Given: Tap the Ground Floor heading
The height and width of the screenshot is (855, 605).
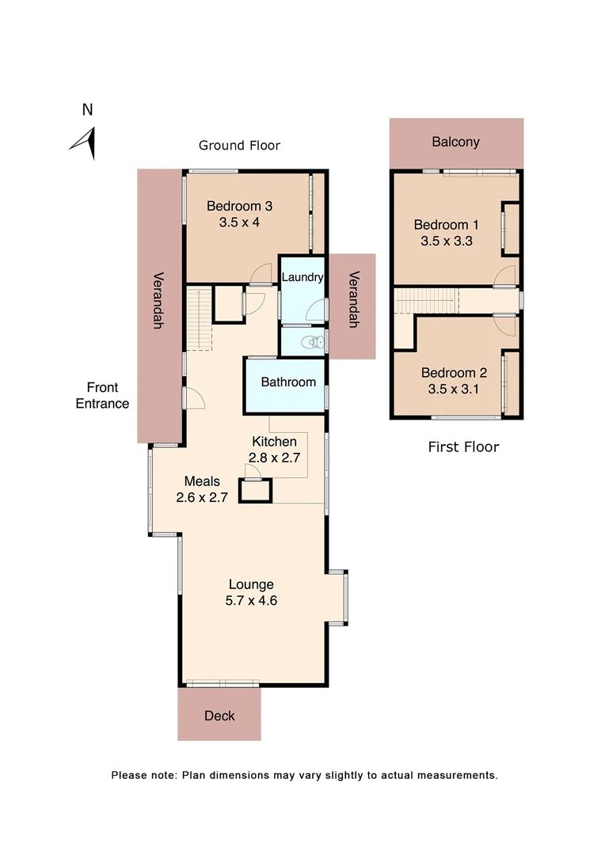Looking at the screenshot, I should [x=239, y=145].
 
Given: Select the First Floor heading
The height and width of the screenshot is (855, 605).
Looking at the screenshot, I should [x=463, y=447].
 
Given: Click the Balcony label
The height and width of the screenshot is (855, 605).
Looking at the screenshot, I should [x=455, y=142].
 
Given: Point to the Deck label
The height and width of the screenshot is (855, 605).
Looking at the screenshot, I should [x=219, y=716].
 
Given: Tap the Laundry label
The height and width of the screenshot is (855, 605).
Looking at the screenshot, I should [x=302, y=277].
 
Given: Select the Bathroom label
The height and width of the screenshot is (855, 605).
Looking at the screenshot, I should [x=288, y=382].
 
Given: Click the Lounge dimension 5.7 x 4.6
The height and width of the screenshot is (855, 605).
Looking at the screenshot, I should [x=251, y=600].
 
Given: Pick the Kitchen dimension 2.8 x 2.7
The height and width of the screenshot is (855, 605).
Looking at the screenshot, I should [x=274, y=457].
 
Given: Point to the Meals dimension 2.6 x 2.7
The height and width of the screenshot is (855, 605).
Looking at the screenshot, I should [x=202, y=497].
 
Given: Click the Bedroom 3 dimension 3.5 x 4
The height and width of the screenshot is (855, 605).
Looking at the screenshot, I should [x=239, y=222].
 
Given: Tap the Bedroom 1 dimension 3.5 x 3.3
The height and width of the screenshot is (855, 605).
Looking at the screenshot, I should [x=447, y=241].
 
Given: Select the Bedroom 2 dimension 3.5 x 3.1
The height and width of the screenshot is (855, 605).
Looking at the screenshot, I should [x=454, y=389].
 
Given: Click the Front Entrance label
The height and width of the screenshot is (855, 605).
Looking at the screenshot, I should [x=102, y=396].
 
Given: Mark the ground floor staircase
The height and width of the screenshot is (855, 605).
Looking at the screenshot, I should [x=200, y=319].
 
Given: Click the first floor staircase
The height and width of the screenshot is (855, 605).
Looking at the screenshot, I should [x=427, y=302].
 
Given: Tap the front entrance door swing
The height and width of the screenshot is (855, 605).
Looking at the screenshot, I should [x=195, y=399].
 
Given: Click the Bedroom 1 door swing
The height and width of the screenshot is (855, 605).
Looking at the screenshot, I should [x=505, y=275].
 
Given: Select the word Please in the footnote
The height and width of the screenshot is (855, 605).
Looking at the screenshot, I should [x=129, y=775].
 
